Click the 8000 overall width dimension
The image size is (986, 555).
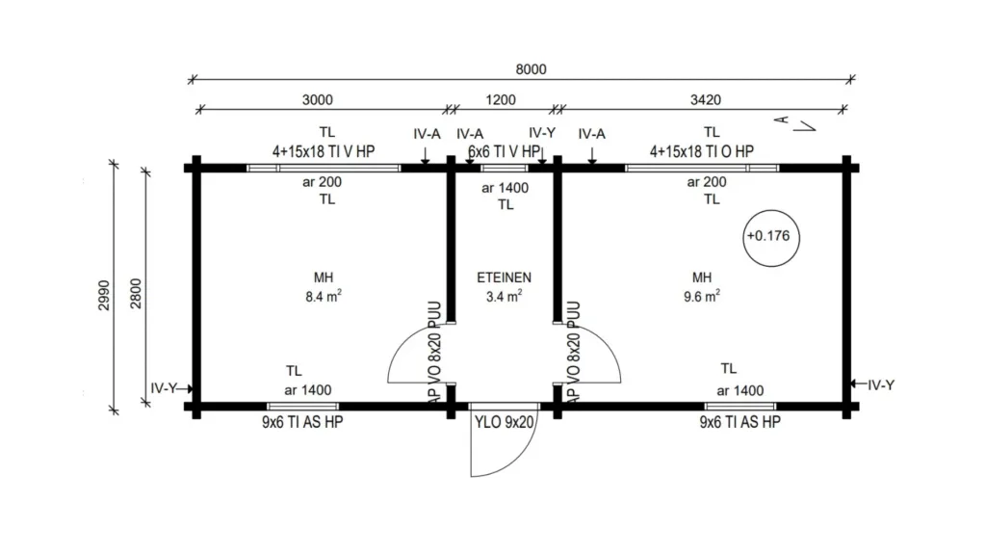pos(531,69)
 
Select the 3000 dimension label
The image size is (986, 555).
pos(318,100)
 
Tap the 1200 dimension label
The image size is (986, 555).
pos(501,100)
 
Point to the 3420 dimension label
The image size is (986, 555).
pos(706,100)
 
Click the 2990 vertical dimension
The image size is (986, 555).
pos(104,295)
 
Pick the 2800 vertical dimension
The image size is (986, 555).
pos(137,293)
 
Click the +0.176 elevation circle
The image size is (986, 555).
pos(771,238)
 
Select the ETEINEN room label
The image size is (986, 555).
pos(504,277)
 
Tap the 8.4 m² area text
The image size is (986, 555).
pos(324,296)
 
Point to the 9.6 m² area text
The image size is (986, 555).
pos(702,296)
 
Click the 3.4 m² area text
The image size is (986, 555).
pos(504,296)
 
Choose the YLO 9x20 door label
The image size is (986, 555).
pos(504,422)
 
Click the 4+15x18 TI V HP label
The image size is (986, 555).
pos(324,151)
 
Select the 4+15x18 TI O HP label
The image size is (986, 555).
pos(702,151)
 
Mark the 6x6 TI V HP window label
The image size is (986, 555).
pos(504,151)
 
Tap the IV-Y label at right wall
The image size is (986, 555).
pos(881,385)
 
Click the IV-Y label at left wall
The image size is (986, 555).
pos(164,388)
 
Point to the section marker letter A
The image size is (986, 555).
pos(781,119)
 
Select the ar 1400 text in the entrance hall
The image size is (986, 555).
pos(505,188)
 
